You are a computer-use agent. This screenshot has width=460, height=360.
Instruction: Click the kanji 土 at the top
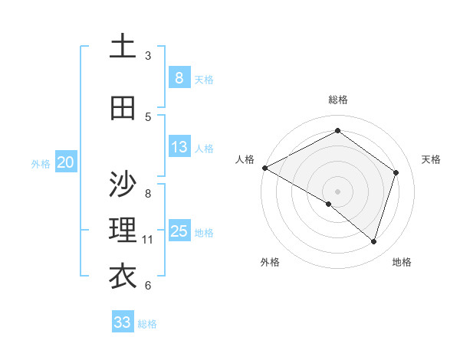pyautogui.click(x=123, y=46)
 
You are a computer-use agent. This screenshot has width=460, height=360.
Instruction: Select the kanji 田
pyautogui.click(x=123, y=108)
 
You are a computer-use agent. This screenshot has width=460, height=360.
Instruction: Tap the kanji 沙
pyautogui.click(x=123, y=184)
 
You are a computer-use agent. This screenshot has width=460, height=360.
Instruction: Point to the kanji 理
pyautogui.click(x=123, y=230)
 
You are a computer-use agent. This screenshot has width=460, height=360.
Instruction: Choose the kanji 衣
pyautogui.click(x=123, y=277)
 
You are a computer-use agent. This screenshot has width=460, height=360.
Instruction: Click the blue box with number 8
pyautogui.click(x=179, y=78)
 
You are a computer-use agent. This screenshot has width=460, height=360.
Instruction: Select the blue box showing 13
pyautogui.click(x=179, y=147)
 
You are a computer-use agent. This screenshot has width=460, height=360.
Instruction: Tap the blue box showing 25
pyautogui.click(x=179, y=231)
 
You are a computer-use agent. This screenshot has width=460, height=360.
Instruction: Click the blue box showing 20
pyautogui.click(x=66, y=162)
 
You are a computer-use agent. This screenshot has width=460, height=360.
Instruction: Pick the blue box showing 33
pyautogui.click(x=122, y=322)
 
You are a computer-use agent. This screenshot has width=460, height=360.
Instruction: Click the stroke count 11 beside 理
pyautogui.click(x=148, y=240)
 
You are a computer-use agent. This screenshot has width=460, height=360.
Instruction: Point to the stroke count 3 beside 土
pyautogui.click(x=148, y=55)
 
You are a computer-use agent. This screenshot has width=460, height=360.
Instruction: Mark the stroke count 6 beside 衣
pyautogui.click(x=148, y=286)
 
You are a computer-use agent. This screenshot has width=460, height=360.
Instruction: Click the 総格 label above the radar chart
pyautogui.click(x=338, y=100)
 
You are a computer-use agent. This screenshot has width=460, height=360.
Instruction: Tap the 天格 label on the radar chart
pyautogui.click(x=431, y=159)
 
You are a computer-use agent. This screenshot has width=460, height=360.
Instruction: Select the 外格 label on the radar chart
pyautogui.click(x=269, y=262)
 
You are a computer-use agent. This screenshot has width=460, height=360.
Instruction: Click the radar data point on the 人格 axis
pyautogui.click(x=264, y=168)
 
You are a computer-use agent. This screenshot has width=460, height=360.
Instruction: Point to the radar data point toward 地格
pyautogui.click(x=373, y=242)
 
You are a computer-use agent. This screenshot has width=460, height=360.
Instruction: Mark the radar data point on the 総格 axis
pyautogui.click(x=337, y=131)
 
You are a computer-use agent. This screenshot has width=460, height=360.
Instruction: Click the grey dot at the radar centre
pyautogui.click(x=337, y=191)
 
